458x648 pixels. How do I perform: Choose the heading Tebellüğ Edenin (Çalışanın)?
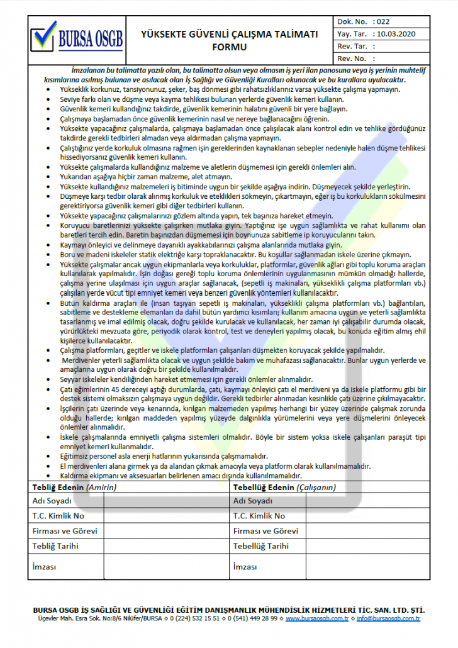(x=284, y=487)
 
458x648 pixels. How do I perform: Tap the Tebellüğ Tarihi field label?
(x=261, y=546)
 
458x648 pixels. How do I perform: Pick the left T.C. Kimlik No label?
(x=58, y=516)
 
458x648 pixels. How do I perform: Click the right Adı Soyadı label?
(x=253, y=501)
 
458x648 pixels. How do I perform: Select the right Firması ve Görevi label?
(x=265, y=531)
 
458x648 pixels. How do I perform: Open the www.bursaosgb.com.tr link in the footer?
(x=317, y=619)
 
